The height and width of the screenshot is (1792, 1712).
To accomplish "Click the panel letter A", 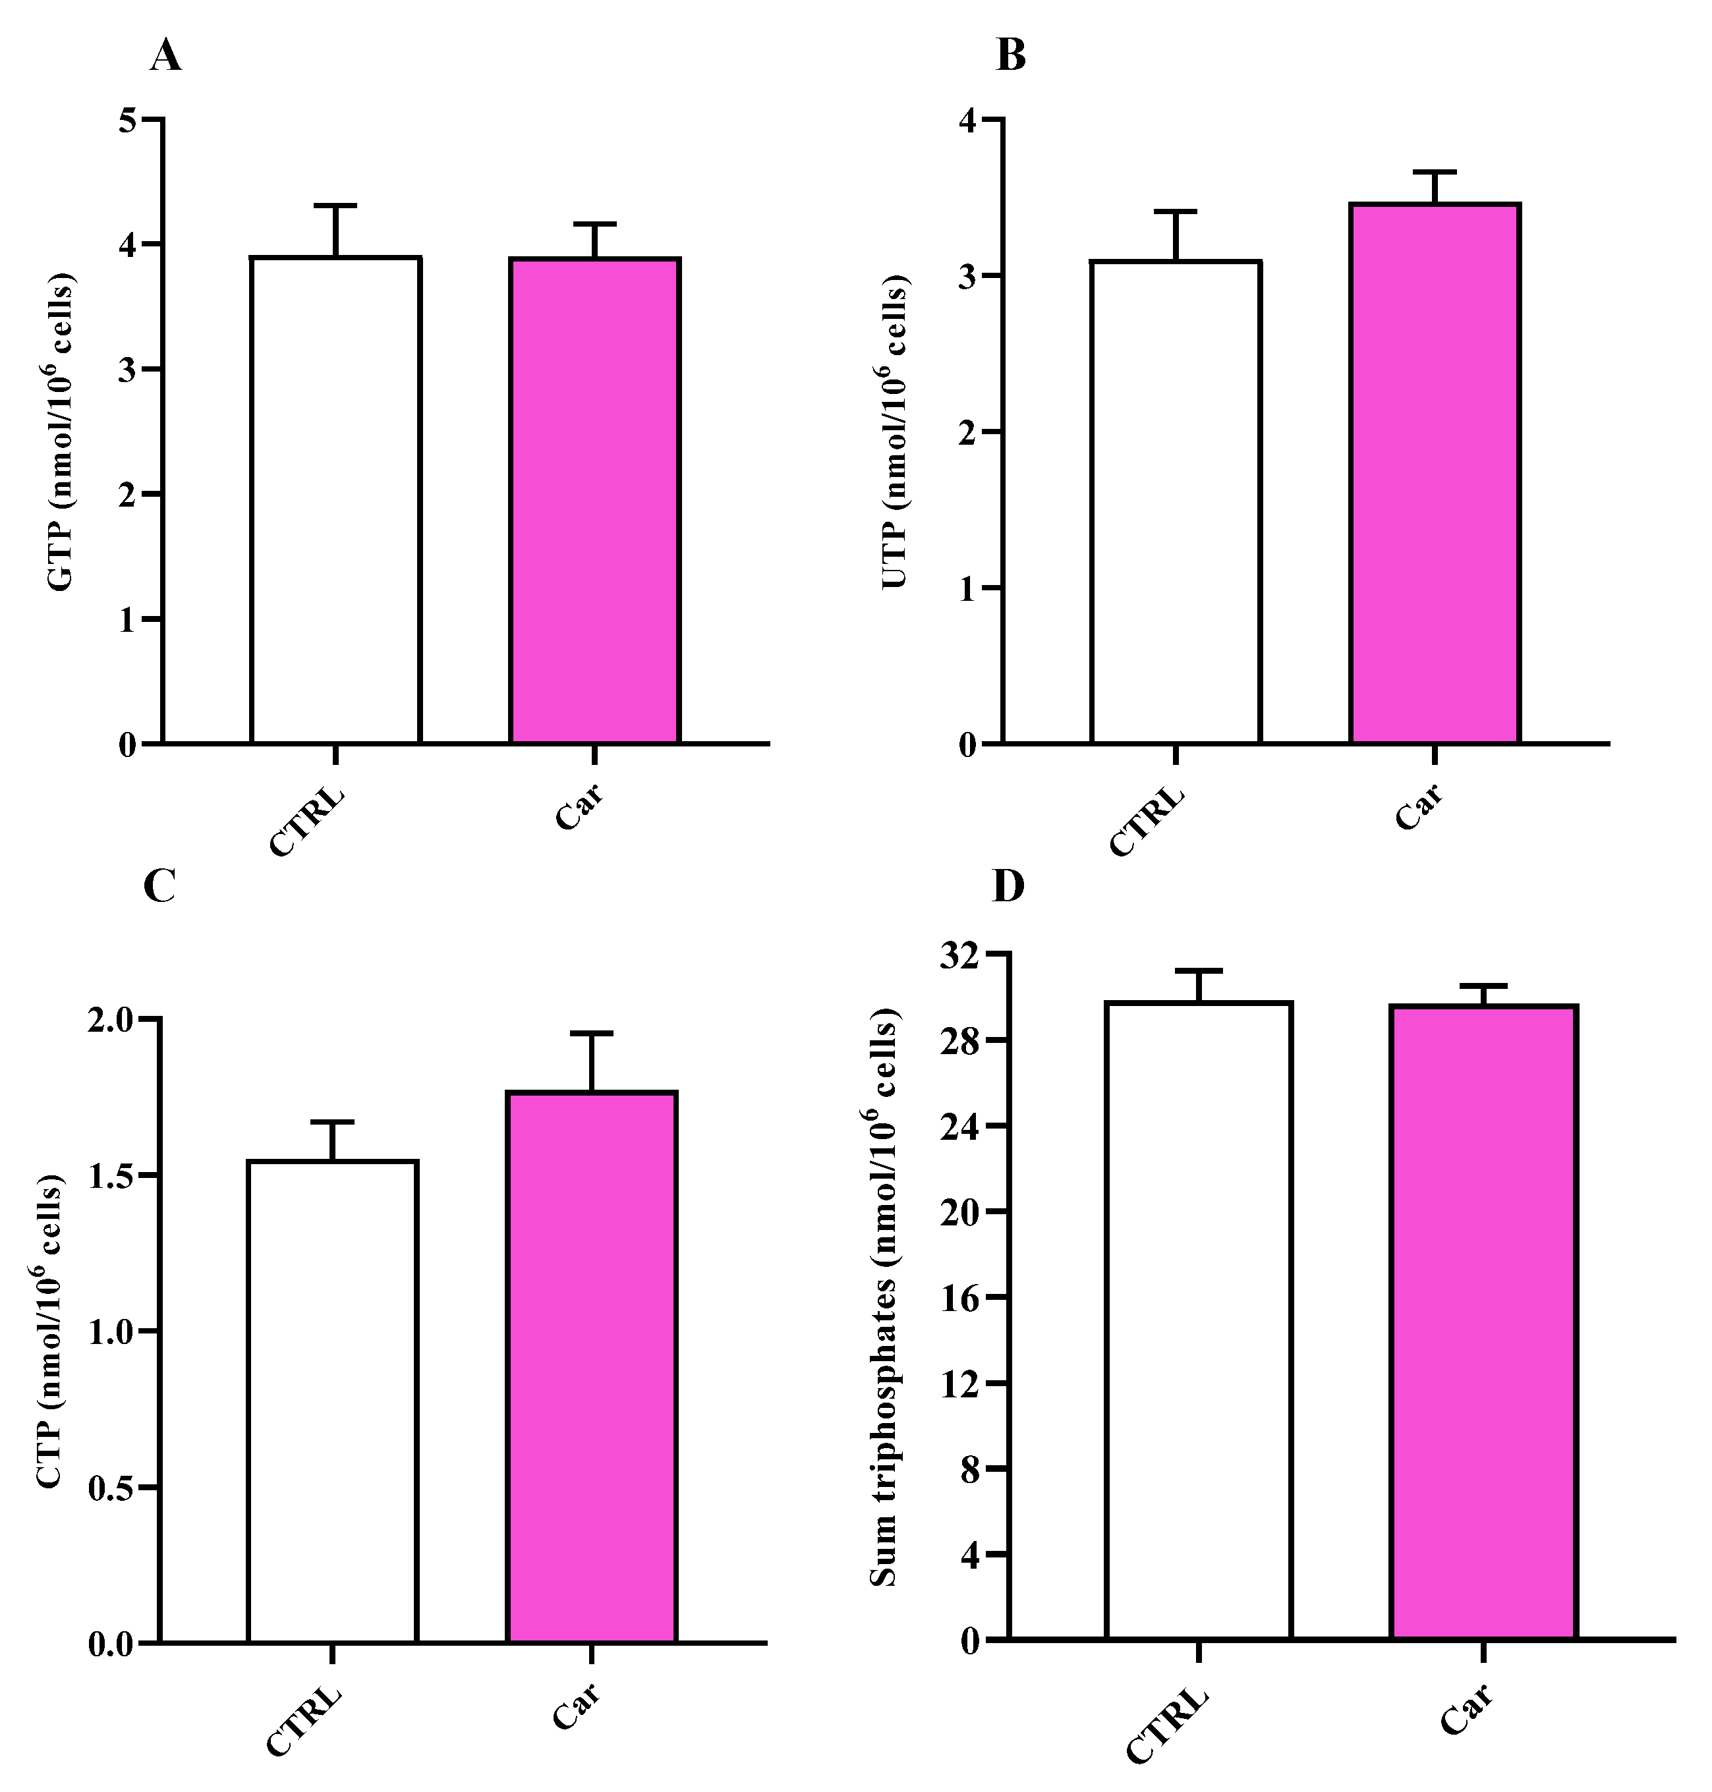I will click(165, 57).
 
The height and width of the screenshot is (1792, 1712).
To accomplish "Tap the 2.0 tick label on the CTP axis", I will click(112, 1019).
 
